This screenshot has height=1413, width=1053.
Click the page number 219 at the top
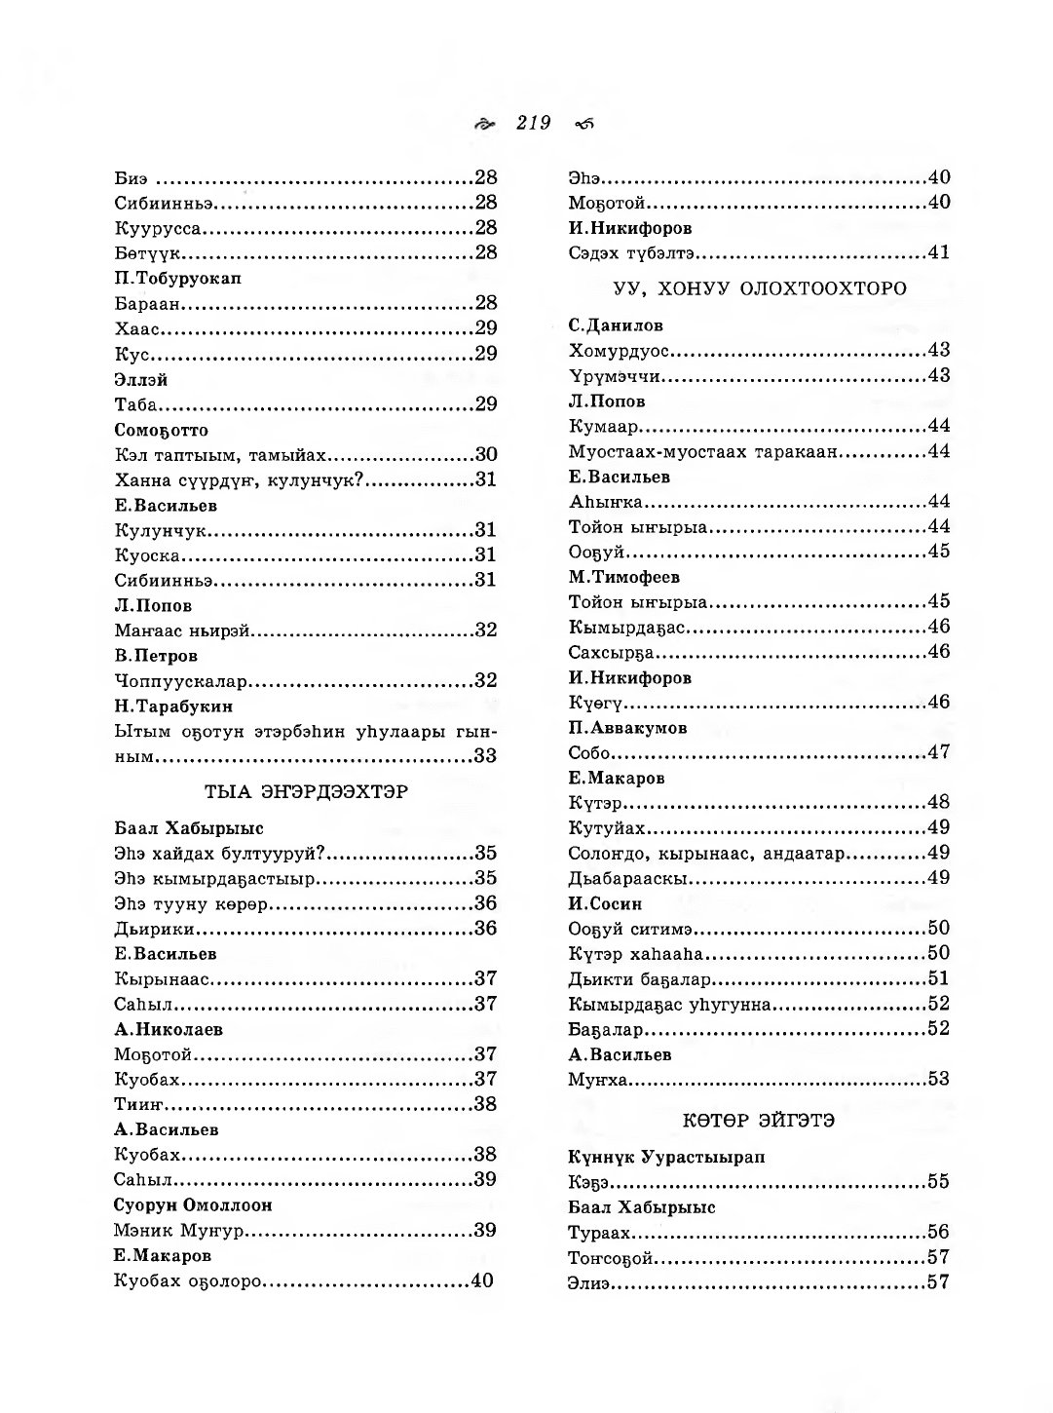(x=534, y=123)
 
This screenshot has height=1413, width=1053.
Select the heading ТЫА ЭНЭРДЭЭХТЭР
(x=306, y=791)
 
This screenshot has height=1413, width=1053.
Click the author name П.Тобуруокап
(x=177, y=278)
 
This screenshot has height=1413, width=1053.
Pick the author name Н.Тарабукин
(x=173, y=706)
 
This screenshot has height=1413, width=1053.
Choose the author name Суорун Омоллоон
(x=193, y=1204)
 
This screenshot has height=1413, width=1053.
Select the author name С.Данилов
(x=616, y=325)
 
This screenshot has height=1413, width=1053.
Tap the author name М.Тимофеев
(x=624, y=577)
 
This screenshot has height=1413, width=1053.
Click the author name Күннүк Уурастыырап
(x=666, y=1157)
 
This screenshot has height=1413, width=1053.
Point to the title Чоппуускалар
(x=182, y=680)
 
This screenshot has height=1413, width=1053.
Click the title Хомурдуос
(x=624, y=350)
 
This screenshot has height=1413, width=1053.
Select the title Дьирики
(x=154, y=929)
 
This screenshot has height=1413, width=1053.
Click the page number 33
(x=485, y=755)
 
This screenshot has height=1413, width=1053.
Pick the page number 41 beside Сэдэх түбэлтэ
(x=938, y=252)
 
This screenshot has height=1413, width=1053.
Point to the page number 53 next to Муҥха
(x=938, y=1079)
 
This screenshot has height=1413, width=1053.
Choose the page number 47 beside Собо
(x=938, y=751)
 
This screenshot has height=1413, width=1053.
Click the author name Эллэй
(x=141, y=379)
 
